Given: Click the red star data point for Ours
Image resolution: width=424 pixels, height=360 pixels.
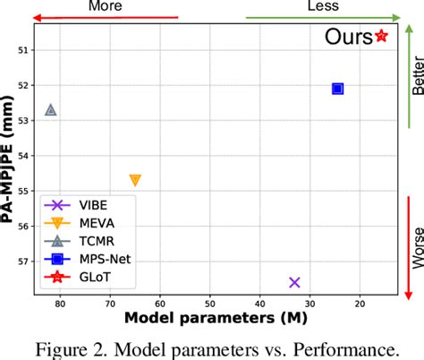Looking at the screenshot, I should pos(382,36).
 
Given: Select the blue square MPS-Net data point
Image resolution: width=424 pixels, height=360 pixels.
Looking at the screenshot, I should pos(337,88).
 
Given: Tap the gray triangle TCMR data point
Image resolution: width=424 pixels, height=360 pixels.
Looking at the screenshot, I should pos(50,109).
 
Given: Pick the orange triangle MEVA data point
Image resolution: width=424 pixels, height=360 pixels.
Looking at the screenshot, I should pos(135,180).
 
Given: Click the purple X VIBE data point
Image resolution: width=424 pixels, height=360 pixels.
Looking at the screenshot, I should pos(294,282).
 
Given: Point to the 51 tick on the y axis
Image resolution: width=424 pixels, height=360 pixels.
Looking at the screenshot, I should pos(23,50).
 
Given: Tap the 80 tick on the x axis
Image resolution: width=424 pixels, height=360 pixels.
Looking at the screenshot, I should pos(60,302).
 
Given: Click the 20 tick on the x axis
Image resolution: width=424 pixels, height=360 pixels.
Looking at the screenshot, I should pos(359,302).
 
